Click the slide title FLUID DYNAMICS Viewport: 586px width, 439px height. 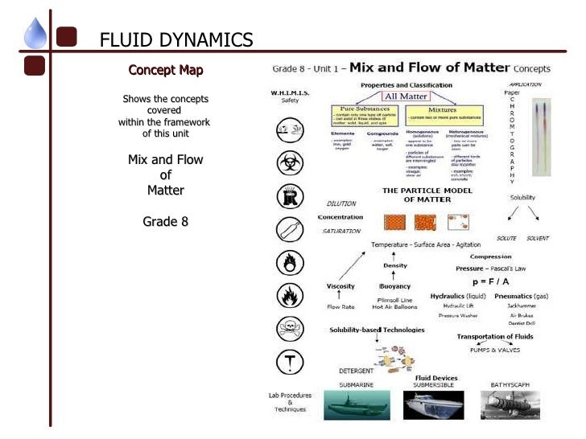point(175,39)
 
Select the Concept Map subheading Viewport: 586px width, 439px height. point(166,70)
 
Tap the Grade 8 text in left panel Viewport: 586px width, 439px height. point(166,220)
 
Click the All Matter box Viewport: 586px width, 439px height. point(408,96)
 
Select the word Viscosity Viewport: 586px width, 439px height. point(340,286)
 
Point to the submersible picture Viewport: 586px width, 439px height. point(435,404)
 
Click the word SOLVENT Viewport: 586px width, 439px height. point(538,239)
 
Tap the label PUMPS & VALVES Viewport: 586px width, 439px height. point(495,350)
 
